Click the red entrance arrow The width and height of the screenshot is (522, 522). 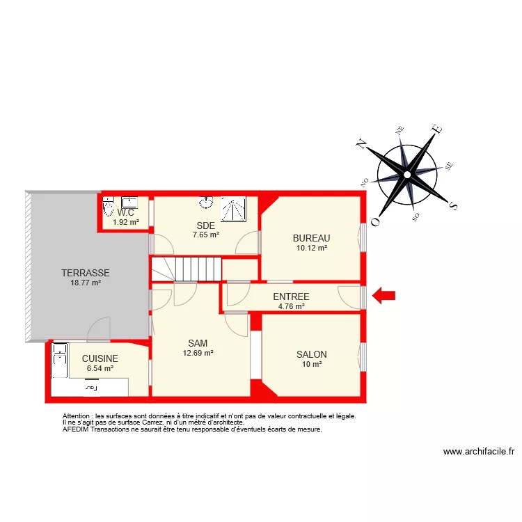coord(383,296)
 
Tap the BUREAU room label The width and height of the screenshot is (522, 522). coord(311,238)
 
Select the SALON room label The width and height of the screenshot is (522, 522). coord(311,354)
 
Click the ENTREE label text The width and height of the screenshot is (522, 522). coord(291,297)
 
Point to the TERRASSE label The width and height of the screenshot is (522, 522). coord(86,273)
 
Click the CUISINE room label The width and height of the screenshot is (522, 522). coord(100,358)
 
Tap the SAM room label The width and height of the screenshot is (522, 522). coord(198,343)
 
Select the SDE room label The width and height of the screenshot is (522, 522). coord(205,226)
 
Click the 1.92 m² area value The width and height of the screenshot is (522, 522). coord(126,223)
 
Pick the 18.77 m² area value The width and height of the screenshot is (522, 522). coord(86,283)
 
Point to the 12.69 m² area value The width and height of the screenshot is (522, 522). coord(198,353)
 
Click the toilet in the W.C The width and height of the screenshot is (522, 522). coord(108,207)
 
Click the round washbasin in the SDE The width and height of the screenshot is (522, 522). coord(206,203)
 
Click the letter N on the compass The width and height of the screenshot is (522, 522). coord(361,143)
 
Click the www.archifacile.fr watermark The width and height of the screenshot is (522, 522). coord(479,452)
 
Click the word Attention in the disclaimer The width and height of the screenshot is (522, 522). coord(77,416)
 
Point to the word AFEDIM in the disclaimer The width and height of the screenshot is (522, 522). coord(75,429)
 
